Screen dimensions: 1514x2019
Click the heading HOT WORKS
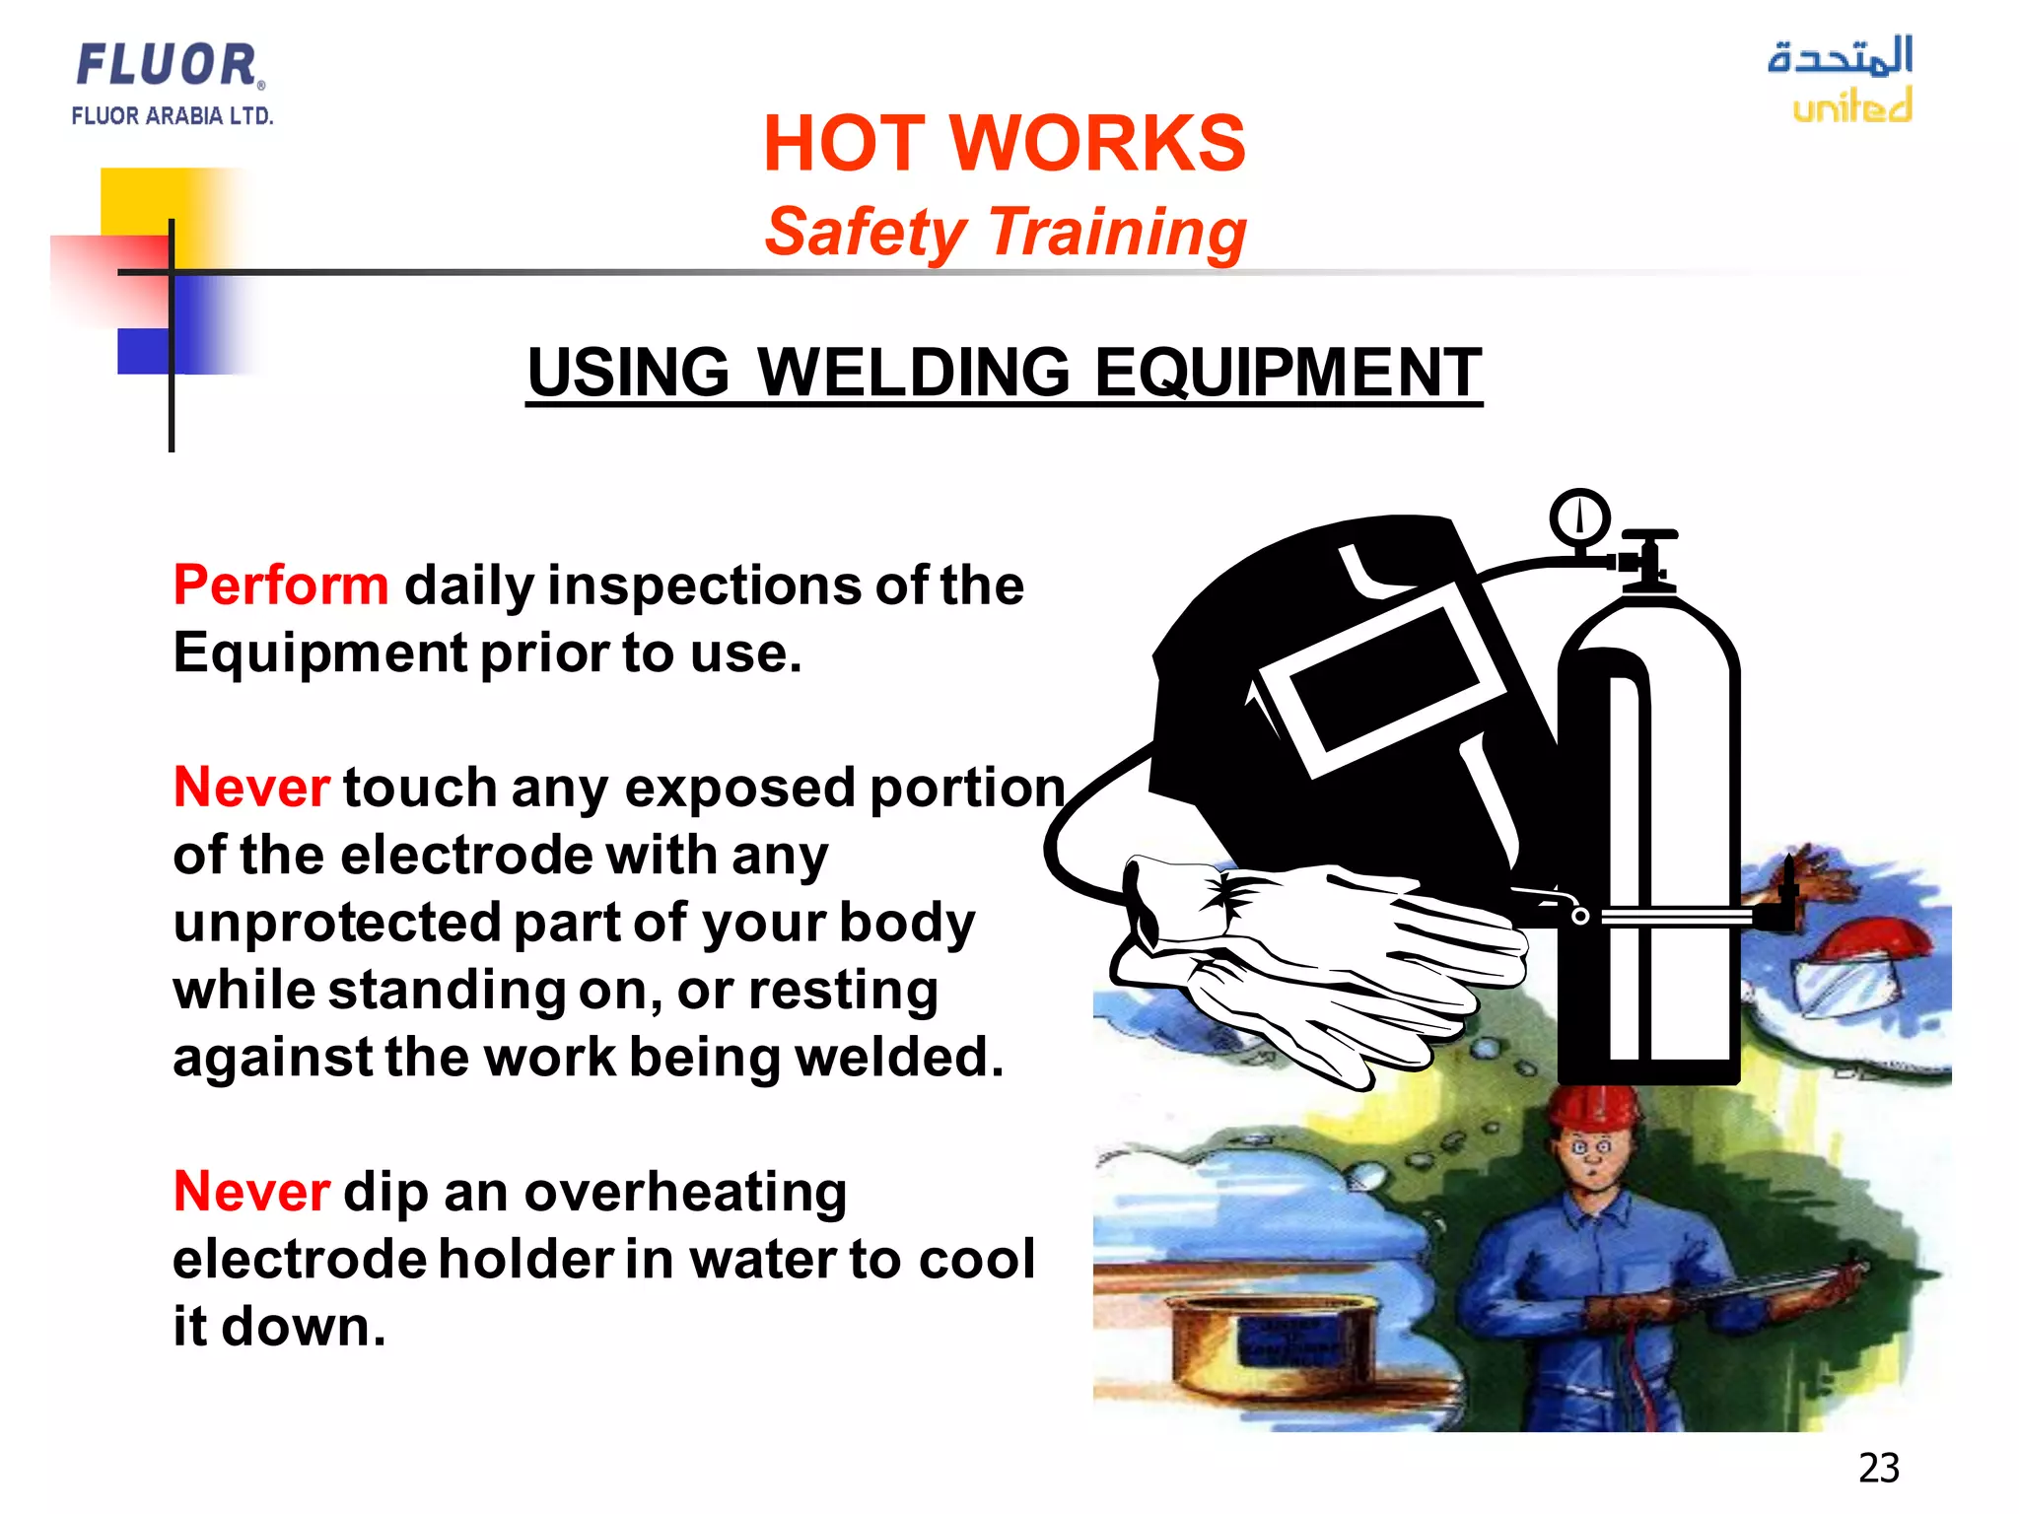[1004, 144]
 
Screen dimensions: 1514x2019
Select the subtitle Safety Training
[1005, 233]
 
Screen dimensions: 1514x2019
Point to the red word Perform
[281, 585]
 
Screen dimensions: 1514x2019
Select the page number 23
[1878, 1468]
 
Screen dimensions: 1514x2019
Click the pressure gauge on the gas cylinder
[1579, 516]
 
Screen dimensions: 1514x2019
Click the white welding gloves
[1311, 966]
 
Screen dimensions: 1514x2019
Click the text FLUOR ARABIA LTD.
[173, 116]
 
